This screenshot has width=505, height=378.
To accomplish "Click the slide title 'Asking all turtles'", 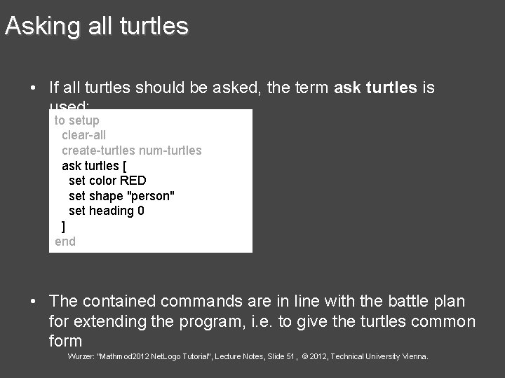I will point(96,27).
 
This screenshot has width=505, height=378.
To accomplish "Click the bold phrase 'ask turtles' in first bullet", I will point(375,87).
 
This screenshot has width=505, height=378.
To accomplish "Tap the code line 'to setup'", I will point(77,120).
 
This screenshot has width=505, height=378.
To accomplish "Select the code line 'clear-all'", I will point(84,135).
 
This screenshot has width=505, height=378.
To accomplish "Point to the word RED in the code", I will point(133,181).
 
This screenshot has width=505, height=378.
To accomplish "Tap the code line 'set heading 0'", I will point(107,211).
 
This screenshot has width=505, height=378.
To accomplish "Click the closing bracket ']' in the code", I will point(64,226).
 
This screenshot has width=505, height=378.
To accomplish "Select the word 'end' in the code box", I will point(65,241).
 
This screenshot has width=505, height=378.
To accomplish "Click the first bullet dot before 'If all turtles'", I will point(33,88).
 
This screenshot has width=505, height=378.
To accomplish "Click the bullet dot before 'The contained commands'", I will point(33,302).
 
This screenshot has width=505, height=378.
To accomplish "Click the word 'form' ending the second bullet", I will point(66,341).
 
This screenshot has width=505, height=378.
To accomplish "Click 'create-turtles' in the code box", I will point(98,150).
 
